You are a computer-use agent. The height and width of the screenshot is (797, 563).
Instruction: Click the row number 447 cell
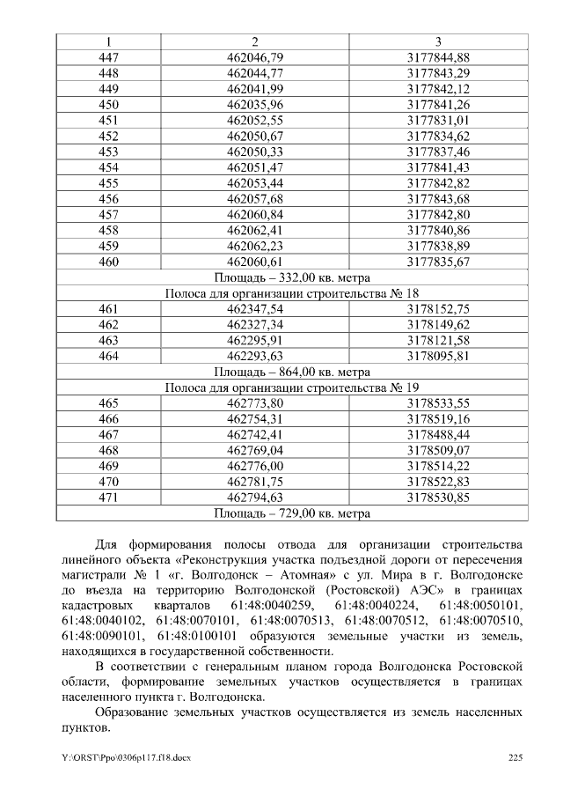pos(109,57)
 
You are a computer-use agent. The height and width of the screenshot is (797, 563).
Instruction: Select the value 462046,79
pos(254,57)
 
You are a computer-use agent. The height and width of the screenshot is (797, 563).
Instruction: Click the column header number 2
pos(254,41)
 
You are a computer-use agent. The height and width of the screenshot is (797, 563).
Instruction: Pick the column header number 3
pos(438,41)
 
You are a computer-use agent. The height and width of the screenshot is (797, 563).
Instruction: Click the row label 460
pos(109,262)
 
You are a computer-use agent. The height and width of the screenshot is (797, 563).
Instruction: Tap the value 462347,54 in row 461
pos(254,309)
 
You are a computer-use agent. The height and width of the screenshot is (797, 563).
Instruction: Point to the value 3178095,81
pos(438,356)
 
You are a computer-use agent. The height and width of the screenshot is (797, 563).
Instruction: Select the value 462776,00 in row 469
pos(254,466)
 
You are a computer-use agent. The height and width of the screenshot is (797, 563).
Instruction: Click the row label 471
pos(109,498)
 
